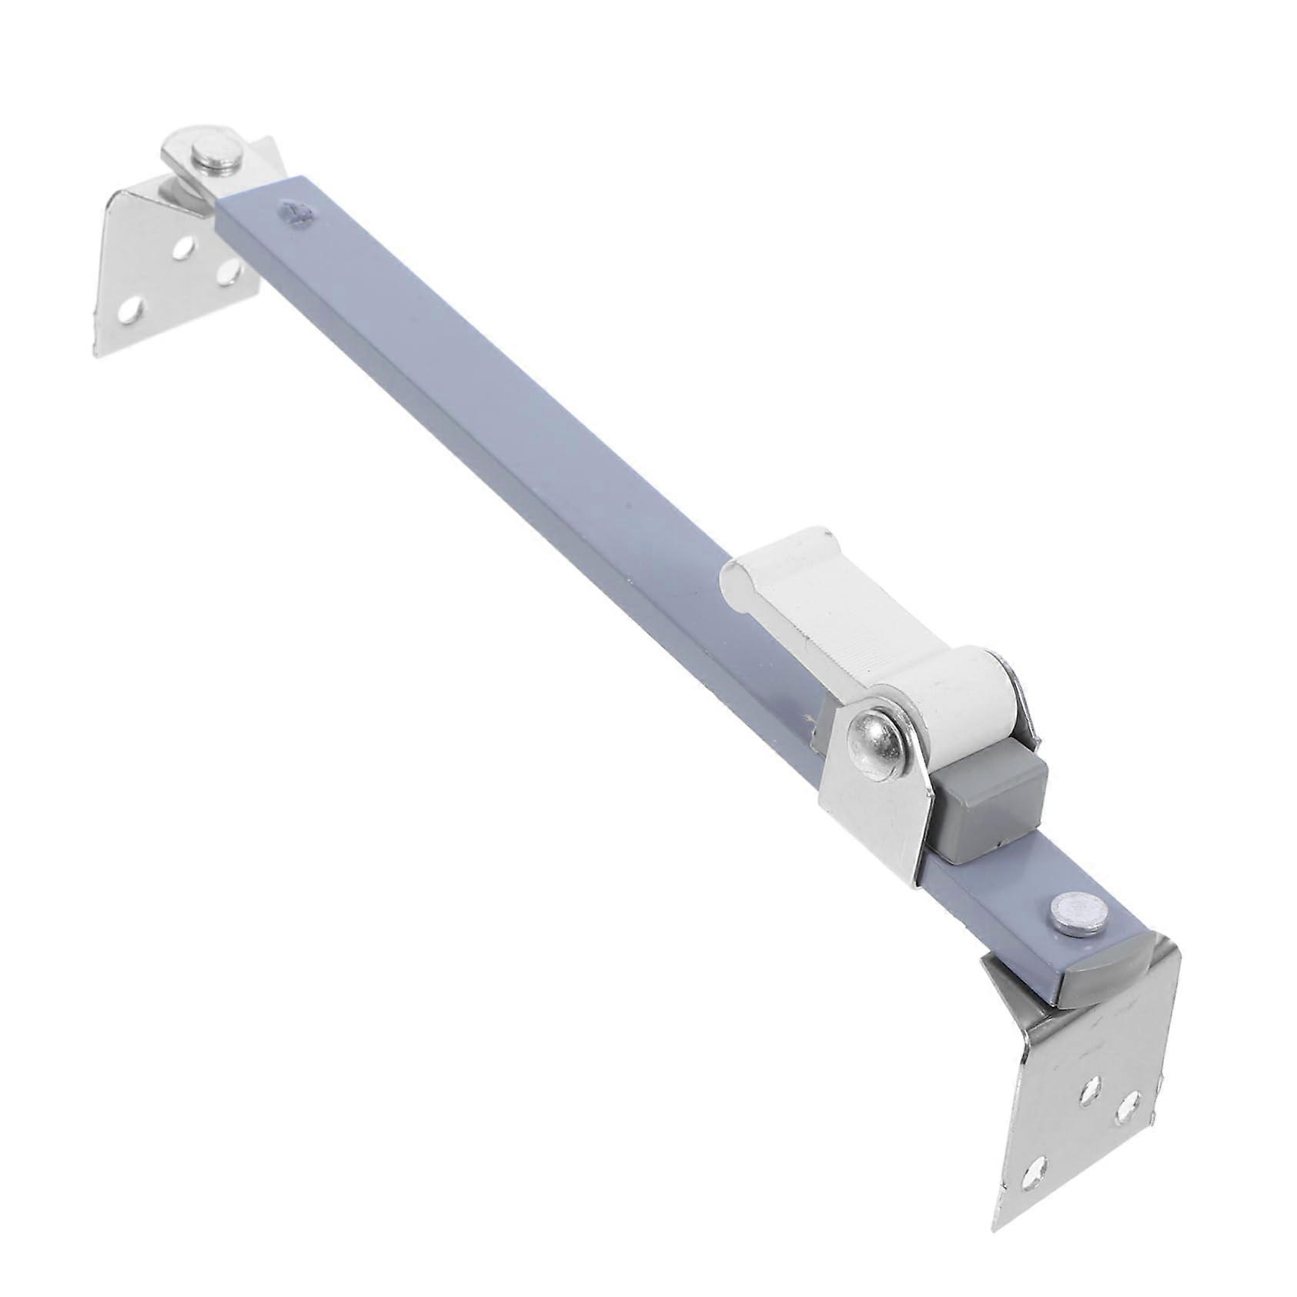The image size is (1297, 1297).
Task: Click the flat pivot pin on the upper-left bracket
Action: coord(219,156)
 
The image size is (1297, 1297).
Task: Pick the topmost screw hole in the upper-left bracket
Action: coord(184,248)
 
